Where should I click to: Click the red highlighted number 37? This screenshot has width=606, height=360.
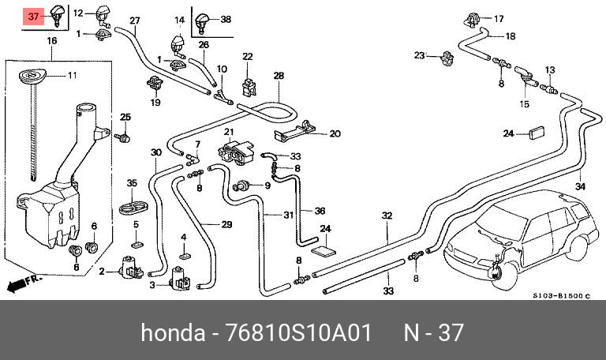click(34, 17)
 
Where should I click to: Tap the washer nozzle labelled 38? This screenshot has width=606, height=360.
click(202, 21)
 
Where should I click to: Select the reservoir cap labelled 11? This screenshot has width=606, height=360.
click(32, 75)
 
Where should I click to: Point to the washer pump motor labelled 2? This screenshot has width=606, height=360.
click(131, 267)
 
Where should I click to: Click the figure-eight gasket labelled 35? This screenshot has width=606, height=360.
click(134, 207)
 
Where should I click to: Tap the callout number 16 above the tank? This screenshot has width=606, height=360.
click(52, 40)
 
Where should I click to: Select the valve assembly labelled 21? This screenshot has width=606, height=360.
click(236, 152)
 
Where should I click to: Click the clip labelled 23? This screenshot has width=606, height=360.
click(447, 58)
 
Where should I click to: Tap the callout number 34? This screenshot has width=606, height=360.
click(580, 186)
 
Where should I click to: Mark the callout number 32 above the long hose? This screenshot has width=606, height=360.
click(387, 216)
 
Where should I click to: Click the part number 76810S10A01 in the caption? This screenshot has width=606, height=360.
click(298, 332)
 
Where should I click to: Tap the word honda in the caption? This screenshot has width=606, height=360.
click(173, 332)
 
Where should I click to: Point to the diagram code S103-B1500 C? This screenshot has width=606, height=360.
click(562, 296)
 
